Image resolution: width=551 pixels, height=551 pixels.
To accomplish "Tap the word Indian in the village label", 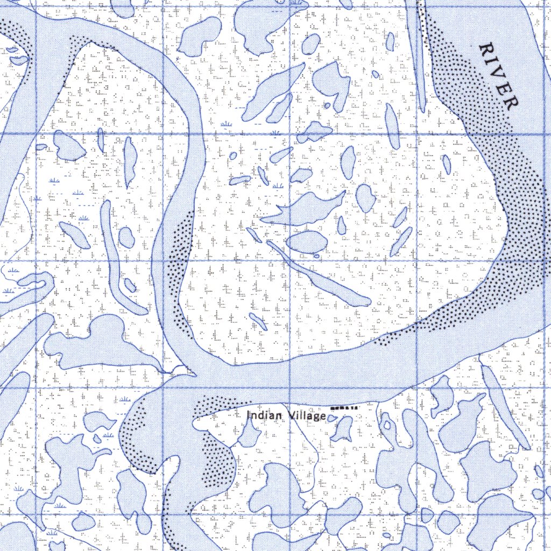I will click(x=260, y=416).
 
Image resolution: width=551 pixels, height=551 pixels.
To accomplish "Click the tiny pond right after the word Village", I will click(x=332, y=418).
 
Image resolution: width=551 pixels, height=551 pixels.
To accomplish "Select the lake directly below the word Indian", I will click(x=250, y=434).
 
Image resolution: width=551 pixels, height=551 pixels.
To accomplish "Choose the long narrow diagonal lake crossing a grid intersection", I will click(x=317, y=274).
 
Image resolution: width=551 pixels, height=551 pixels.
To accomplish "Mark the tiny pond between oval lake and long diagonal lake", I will click(x=316, y=256).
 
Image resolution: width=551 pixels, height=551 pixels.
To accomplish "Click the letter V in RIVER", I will click(x=499, y=76).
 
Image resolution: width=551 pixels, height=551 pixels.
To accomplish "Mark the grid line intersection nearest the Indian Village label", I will click(x=290, y=388).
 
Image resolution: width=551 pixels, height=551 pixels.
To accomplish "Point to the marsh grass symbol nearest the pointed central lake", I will click(x=278, y=186).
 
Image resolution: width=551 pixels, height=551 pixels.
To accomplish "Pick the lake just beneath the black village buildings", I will click(x=342, y=429).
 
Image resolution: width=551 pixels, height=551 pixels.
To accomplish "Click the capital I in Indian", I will click(x=249, y=416).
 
